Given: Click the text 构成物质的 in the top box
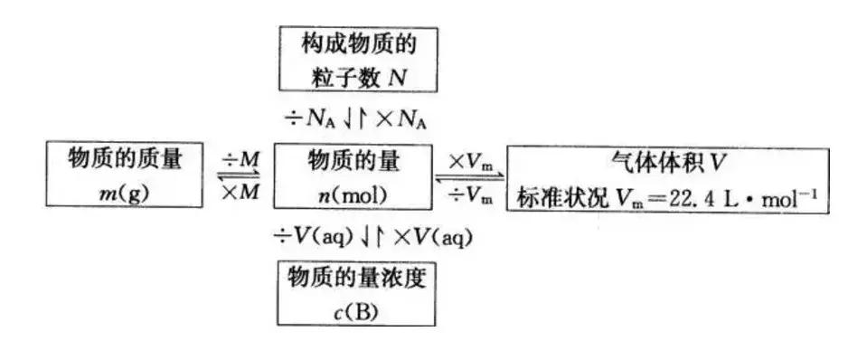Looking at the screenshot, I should [356, 43].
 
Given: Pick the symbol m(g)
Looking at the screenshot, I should [123, 193].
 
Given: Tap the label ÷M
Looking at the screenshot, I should [240, 159].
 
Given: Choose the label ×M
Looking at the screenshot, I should [240, 192].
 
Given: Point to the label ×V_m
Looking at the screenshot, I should [470, 159].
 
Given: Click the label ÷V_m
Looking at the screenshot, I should [470, 193].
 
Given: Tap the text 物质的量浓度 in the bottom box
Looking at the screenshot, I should [356, 276].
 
